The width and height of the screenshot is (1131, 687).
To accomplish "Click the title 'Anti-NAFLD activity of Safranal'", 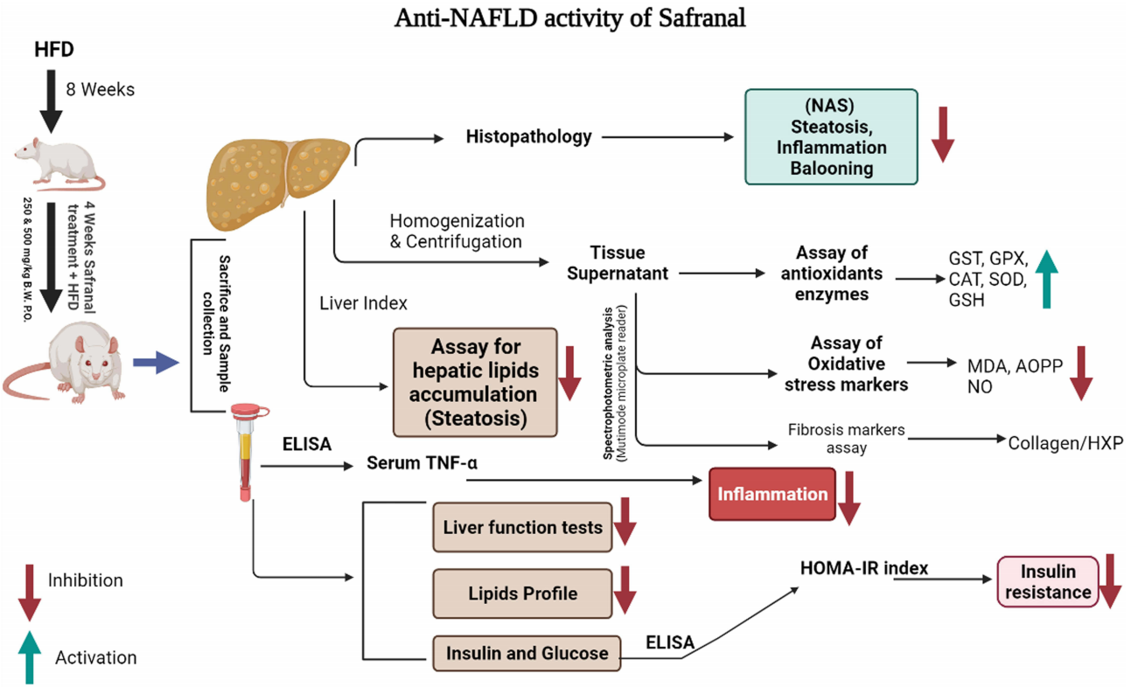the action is (x=570, y=18).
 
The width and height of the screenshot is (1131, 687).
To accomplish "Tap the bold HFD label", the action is (x=54, y=50).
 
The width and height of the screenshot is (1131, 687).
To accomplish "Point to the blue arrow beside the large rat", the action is (x=156, y=362).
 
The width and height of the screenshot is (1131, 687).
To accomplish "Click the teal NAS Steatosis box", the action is (x=831, y=136).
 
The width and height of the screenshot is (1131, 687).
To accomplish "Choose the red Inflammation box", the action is (x=772, y=494).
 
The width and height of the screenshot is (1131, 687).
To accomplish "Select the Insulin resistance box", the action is (x=1048, y=581).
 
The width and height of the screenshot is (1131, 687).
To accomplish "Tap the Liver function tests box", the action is (x=522, y=527).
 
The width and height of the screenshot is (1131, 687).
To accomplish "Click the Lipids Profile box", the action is (x=522, y=593).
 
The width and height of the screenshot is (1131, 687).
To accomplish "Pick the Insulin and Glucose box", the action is (x=527, y=653).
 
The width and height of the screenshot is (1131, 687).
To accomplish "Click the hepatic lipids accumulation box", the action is (x=475, y=382).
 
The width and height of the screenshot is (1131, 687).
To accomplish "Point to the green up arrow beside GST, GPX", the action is (x=1047, y=279).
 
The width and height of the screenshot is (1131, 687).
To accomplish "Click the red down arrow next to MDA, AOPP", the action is (x=1081, y=373).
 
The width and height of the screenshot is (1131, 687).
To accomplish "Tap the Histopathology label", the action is (x=528, y=136).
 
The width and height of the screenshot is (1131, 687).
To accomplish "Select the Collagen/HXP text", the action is (x=1065, y=443).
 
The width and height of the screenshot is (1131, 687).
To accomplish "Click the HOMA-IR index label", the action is (x=864, y=568).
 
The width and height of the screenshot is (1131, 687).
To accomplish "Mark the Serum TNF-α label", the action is (x=422, y=463).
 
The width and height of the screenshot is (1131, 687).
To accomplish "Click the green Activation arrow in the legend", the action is (x=29, y=657).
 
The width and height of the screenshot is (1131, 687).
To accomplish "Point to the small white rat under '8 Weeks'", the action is (x=59, y=163).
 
